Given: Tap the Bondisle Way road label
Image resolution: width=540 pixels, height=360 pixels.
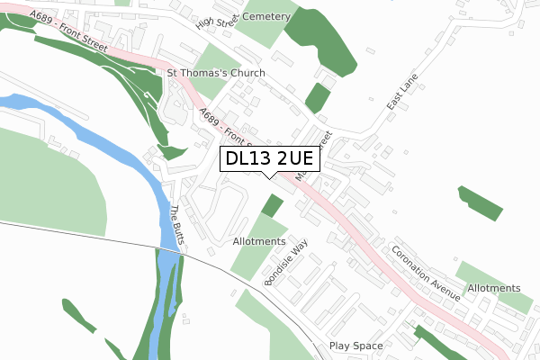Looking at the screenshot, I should pos(286,262).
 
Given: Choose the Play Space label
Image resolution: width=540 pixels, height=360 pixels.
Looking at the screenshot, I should pos(355,346).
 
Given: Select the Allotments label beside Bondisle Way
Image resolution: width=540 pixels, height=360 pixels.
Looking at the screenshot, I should pos(258,241).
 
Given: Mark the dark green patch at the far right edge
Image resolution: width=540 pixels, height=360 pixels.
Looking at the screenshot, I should pos(480,202).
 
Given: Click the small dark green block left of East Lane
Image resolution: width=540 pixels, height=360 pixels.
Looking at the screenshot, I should pos(317,97).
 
